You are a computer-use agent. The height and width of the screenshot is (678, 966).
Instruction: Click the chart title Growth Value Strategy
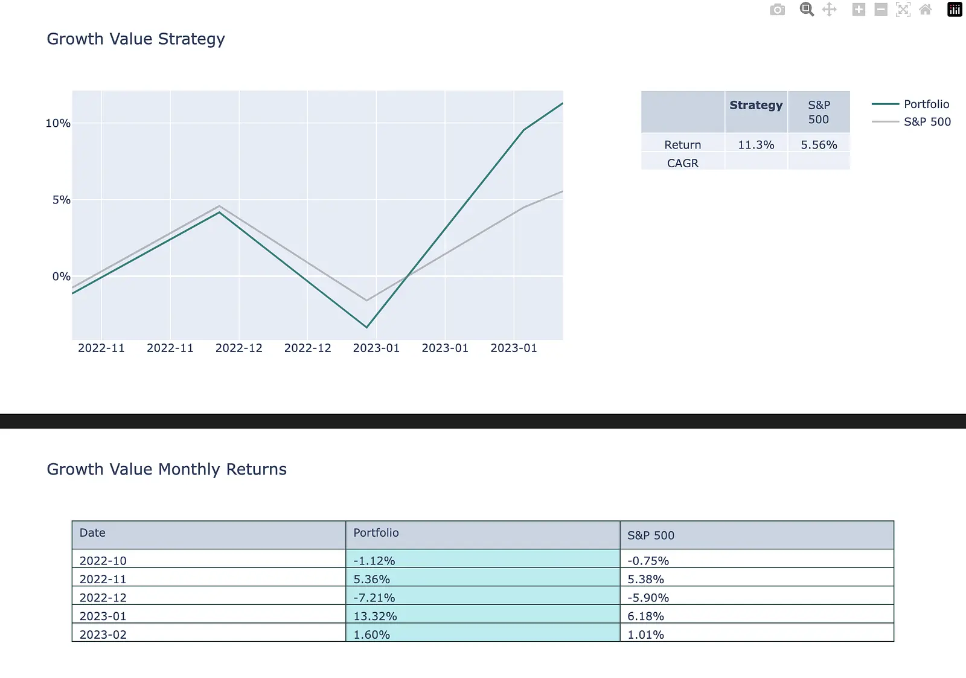(135, 39)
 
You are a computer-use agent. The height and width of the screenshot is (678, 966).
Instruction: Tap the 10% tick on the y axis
(58, 123)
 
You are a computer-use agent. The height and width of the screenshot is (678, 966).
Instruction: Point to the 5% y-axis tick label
(61, 200)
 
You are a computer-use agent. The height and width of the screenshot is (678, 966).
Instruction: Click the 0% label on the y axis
(61, 277)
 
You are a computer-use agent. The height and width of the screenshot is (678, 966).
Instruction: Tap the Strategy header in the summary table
(756, 105)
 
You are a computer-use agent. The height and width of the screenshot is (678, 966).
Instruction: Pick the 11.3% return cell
(756, 144)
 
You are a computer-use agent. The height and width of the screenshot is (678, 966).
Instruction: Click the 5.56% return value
(819, 144)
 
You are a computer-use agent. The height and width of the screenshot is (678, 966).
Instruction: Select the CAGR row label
(683, 163)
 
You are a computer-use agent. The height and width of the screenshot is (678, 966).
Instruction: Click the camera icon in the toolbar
(778, 10)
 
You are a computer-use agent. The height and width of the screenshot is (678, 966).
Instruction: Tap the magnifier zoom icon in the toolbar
(807, 10)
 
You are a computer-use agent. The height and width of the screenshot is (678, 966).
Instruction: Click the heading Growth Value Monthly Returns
(167, 469)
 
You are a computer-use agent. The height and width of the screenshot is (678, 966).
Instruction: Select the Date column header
(92, 532)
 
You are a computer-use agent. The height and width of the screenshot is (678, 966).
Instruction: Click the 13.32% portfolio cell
(375, 616)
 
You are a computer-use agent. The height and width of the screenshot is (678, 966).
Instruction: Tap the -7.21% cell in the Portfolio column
(374, 597)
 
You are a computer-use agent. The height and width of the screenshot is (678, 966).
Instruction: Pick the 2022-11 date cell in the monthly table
(103, 579)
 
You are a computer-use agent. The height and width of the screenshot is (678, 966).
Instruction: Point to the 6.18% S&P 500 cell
(645, 616)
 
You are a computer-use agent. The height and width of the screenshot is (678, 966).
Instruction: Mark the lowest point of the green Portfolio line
(366, 327)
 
